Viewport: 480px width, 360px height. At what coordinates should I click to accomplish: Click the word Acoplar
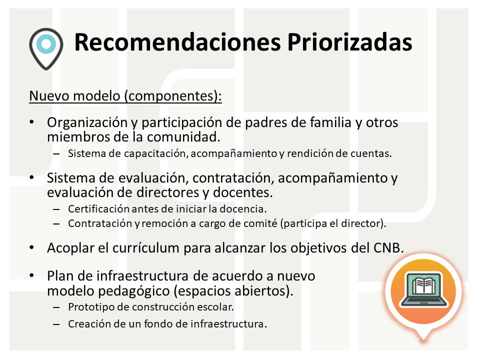point(67,248)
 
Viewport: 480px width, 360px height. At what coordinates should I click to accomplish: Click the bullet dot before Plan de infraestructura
point(32,276)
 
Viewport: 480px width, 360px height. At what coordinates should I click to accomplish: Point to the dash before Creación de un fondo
point(56,324)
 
